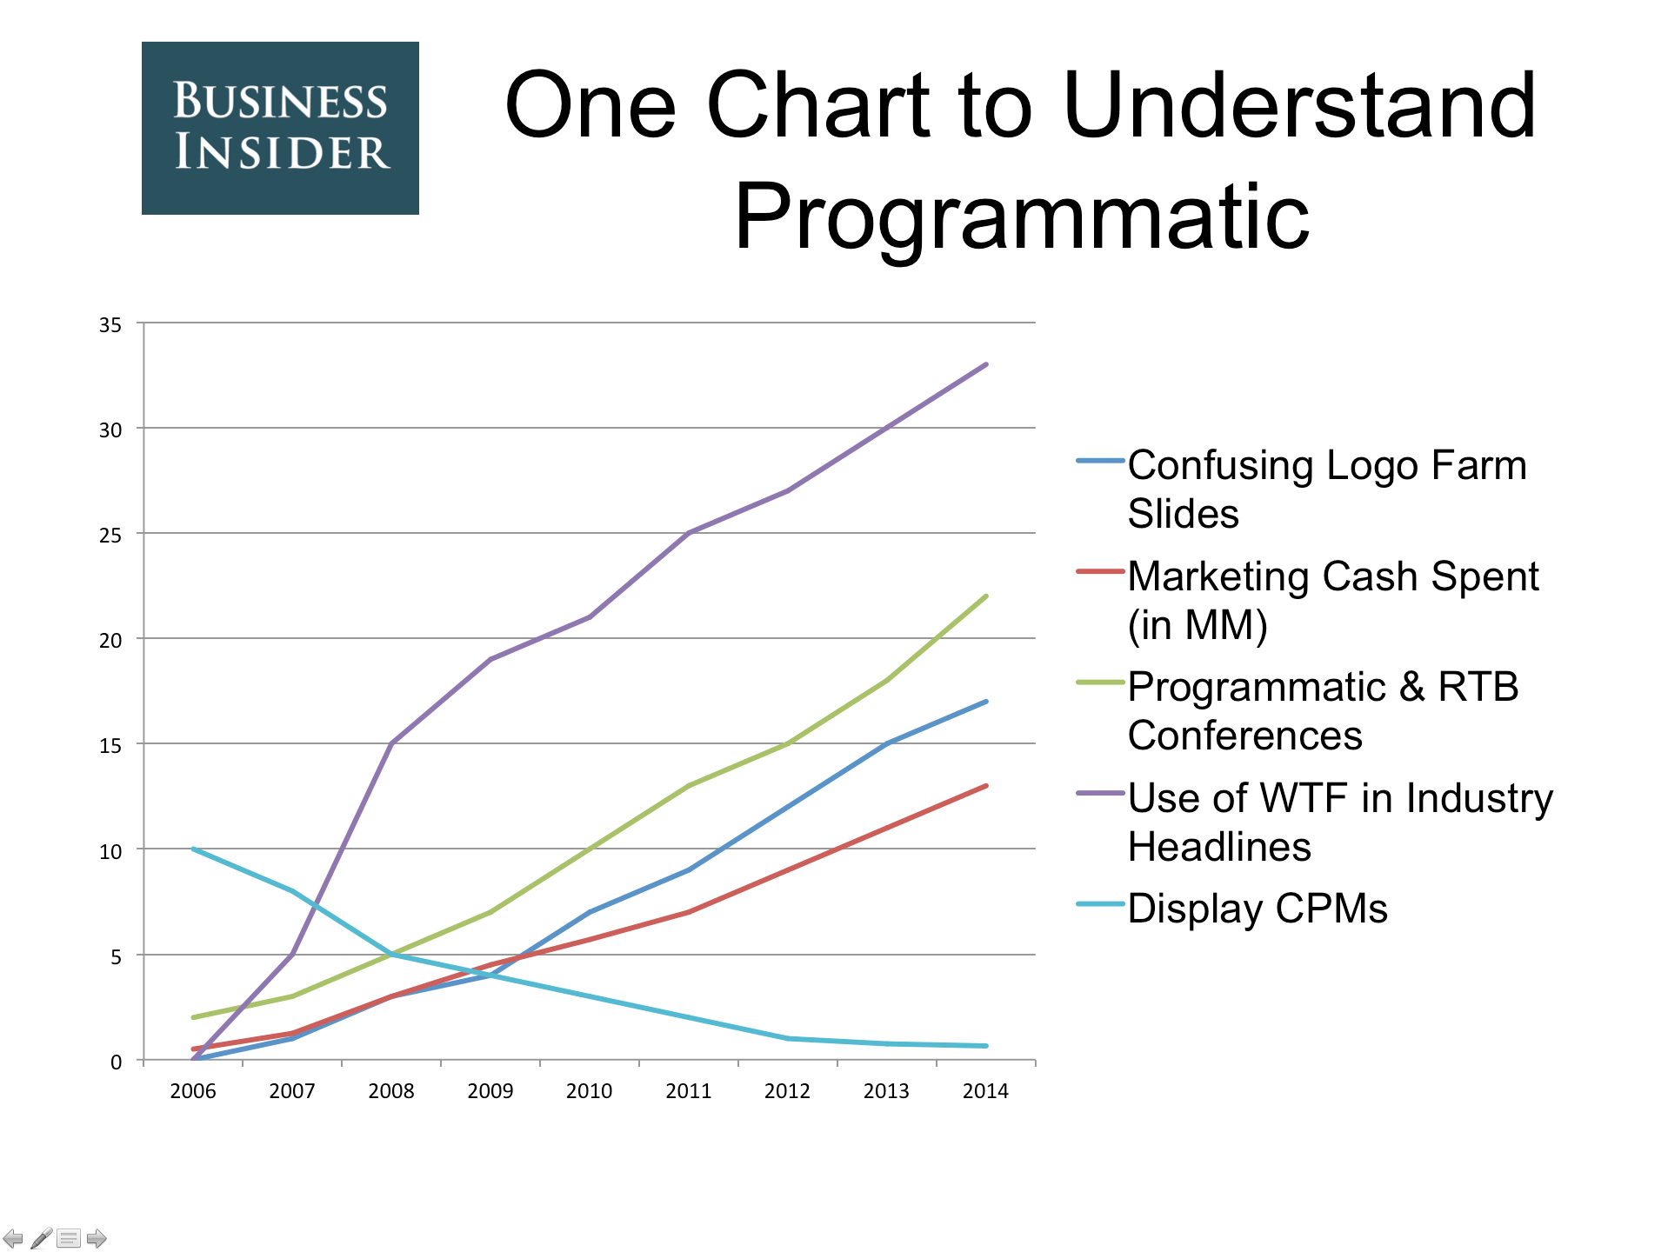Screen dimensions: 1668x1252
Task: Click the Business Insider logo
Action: (280, 128)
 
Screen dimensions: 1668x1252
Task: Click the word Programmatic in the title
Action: (1022, 217)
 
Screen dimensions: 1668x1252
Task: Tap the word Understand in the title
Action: (1299, 105)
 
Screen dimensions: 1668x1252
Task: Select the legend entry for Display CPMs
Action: (1231, 909)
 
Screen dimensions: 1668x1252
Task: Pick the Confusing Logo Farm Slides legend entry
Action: (1301, 489)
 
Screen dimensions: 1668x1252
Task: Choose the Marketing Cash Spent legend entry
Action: (1307, 600)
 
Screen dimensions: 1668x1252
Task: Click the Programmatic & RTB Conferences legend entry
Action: (1298, 710)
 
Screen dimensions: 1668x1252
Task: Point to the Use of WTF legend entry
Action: (1314, 822)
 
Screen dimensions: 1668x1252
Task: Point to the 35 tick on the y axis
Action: (110, 325)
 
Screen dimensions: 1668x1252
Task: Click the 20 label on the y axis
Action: (110, 641)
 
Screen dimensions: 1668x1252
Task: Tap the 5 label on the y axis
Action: (116, 957)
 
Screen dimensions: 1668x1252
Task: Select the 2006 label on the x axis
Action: (193, 1091)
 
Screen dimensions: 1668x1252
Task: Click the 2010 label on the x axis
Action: (590, 1091)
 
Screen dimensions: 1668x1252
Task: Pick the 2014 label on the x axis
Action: (985, 1091)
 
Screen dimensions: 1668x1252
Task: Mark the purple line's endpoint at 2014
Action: (986, 364)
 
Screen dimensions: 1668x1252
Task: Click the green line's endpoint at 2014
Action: (986, 596)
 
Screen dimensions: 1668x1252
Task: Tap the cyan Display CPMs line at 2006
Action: (193, 849)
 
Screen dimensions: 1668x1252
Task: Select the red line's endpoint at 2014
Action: (986, 786)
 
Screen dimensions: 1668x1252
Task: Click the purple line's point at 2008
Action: (391, 743)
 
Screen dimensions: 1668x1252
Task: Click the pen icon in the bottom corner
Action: (41, 1238)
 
